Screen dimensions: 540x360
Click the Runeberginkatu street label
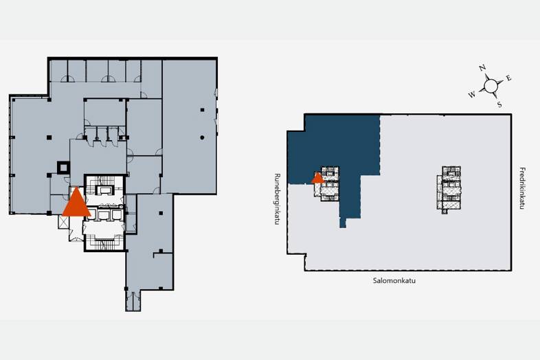pos(277,199)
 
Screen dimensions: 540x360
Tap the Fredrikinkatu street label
pos(522,188)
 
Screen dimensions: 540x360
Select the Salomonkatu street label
pos(394,280)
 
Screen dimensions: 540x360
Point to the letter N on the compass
pos(482,67)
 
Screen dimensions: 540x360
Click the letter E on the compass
pos(508,78)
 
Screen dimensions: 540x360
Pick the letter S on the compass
pos(499,104)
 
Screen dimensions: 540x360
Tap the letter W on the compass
pos(472,94)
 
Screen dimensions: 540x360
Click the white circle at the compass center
pos(491,86)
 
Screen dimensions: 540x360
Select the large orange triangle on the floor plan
pos(76,203)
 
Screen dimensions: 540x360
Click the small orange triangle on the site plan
pos(317,178)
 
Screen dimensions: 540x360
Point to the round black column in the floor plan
pos(202,137)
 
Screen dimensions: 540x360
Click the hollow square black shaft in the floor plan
pos(63,168)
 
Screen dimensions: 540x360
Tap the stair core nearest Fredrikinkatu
pos(450,190)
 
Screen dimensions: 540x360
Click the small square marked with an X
pos(64,222)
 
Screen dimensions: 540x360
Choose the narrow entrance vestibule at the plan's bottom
pos(133,300)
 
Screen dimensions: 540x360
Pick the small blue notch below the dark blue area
pos(343,223)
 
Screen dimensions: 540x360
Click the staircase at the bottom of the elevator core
pos(104,243)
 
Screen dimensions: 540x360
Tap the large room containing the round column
pos(189,127)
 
